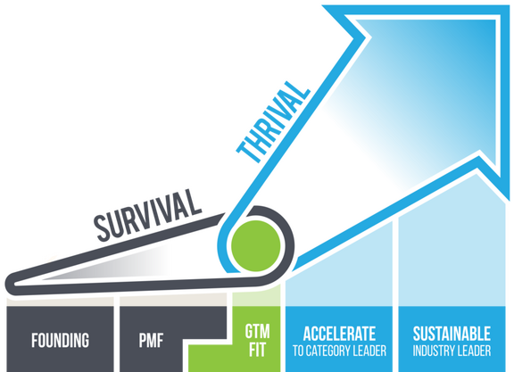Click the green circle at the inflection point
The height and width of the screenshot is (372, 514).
click(x=256, y=246)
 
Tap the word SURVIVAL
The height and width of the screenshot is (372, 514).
click(x=147, y=215)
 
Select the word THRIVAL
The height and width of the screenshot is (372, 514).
click(x=273, y=122)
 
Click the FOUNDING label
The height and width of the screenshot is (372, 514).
click(x=61, y=340)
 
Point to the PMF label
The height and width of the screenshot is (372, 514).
click(x=151, y=340)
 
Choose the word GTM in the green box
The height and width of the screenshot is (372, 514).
click(x=257, y=331)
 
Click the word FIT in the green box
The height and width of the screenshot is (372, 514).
click(x=257, y=350)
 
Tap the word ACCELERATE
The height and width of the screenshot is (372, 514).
click(x=339, y=334)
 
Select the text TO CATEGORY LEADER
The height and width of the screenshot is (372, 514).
click(x=339, y=351)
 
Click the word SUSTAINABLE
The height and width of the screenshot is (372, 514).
click(x=452, y=334)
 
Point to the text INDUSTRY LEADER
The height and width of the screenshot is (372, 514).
click(x=452, y=351)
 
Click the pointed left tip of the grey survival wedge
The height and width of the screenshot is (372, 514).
click(x=6, y=284)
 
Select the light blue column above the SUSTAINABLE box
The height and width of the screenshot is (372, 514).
click(x=452, y=249)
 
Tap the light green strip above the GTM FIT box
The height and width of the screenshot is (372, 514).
click(x=256, y=296)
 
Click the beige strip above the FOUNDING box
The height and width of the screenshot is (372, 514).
click(x=61, y=302)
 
